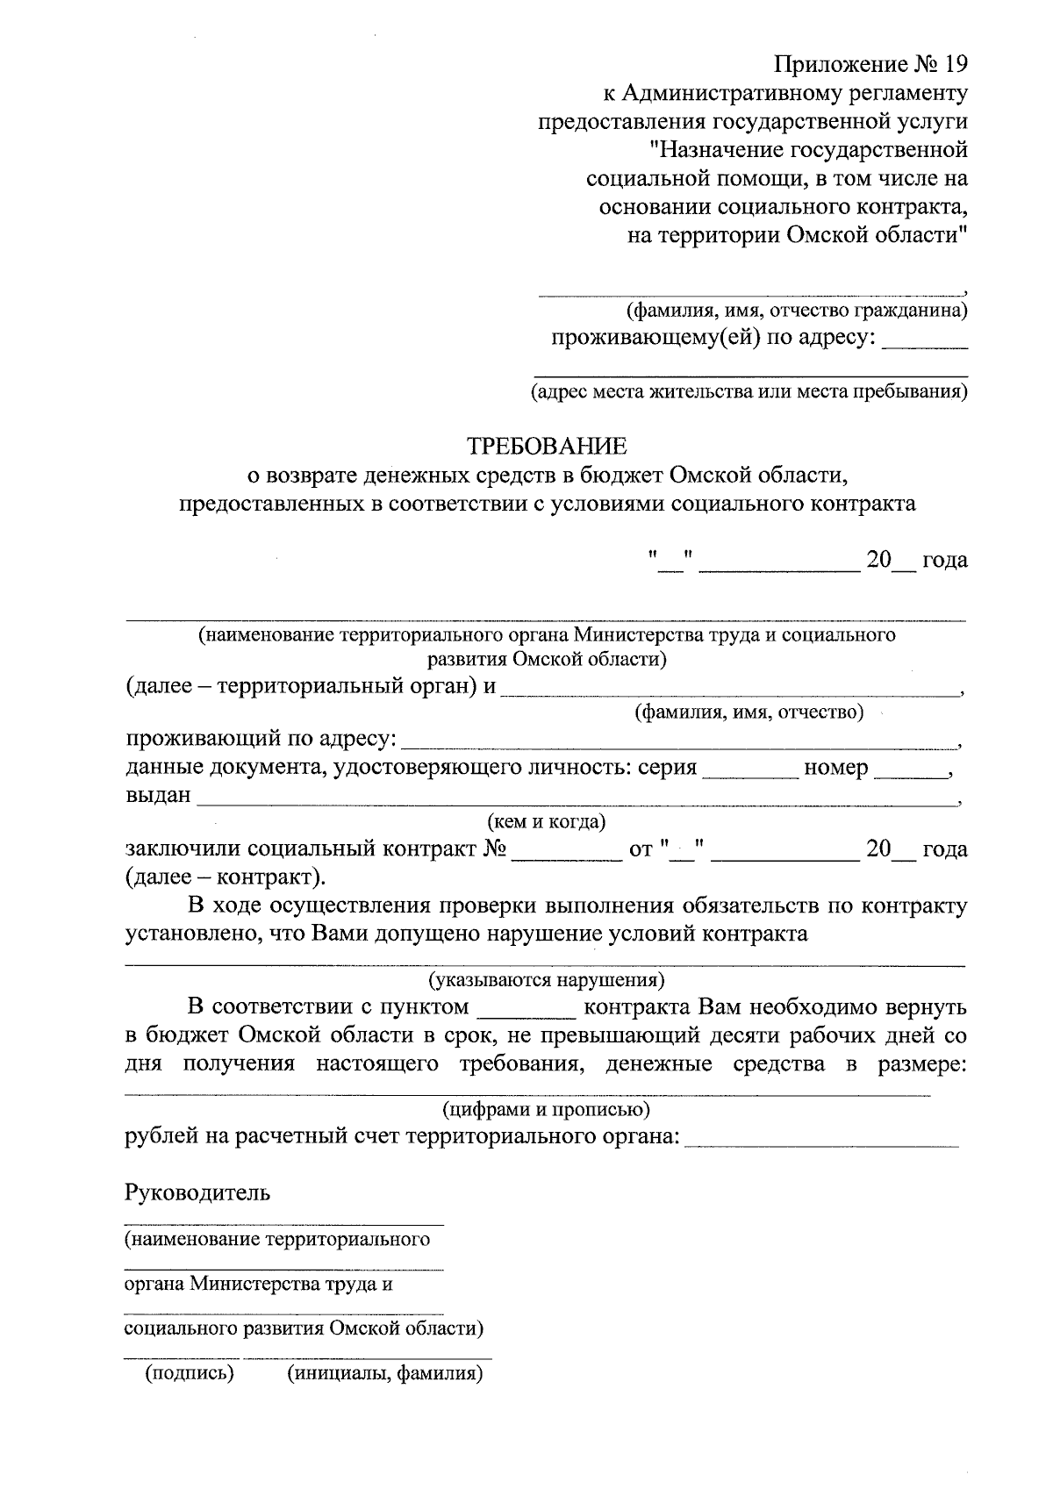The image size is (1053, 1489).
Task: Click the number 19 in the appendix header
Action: click(x=954, y=65)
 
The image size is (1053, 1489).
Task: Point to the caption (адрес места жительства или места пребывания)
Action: click(x=749, y=391)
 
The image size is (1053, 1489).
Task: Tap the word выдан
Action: click(x=158, y=797)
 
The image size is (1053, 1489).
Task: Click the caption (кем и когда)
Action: click(x=546, y=822)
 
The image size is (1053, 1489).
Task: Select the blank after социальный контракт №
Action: click(x=564, y=851)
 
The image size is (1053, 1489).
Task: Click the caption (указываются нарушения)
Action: click(x=546, y=979)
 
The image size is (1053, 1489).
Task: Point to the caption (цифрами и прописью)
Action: click(x=546, y=1110)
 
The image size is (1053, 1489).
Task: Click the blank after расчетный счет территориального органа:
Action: click(x=821, y=1139)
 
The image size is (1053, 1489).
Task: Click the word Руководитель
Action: click(x=198, y=1193)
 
